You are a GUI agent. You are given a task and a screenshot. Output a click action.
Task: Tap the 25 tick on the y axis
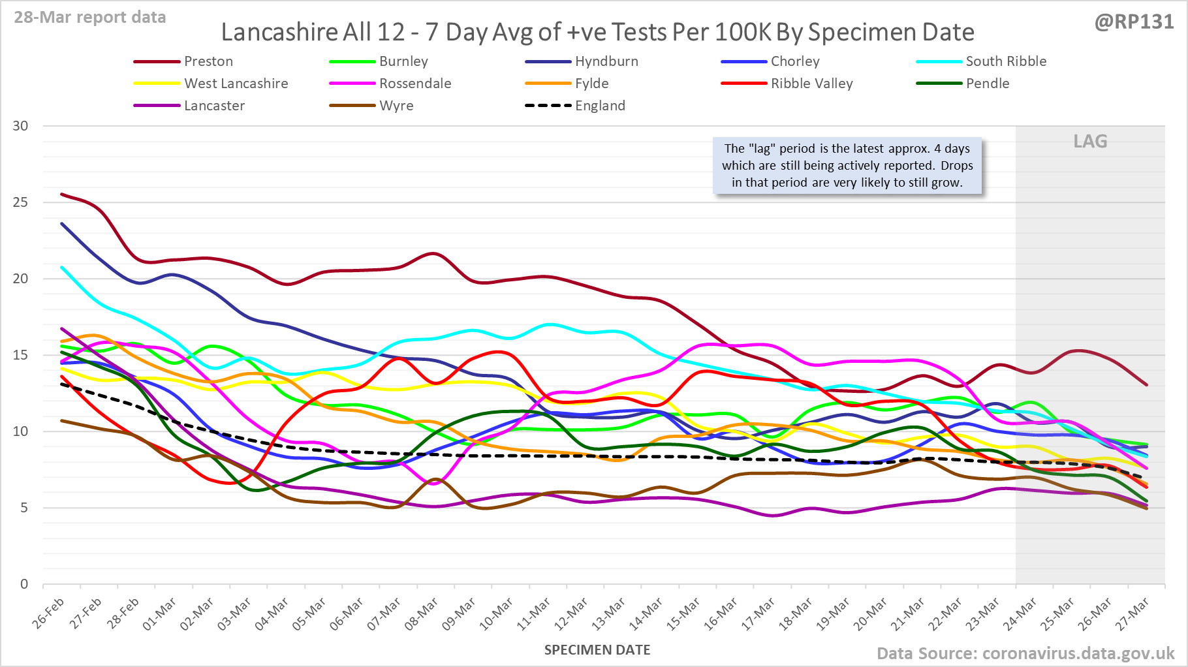(21, 202)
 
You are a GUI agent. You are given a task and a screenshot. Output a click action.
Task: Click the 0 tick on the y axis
(25, 584)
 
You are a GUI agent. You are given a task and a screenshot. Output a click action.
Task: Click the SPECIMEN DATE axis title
(597, 650)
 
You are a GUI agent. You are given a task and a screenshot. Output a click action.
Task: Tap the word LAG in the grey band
(1090, 142)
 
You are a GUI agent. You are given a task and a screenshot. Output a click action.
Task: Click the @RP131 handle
(1134, 22)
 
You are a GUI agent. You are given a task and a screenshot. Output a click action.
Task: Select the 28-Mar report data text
(90, 18)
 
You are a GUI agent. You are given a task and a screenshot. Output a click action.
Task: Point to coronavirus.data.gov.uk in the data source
(1078, 653)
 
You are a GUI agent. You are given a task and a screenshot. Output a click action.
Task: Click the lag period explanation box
(847, 166)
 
